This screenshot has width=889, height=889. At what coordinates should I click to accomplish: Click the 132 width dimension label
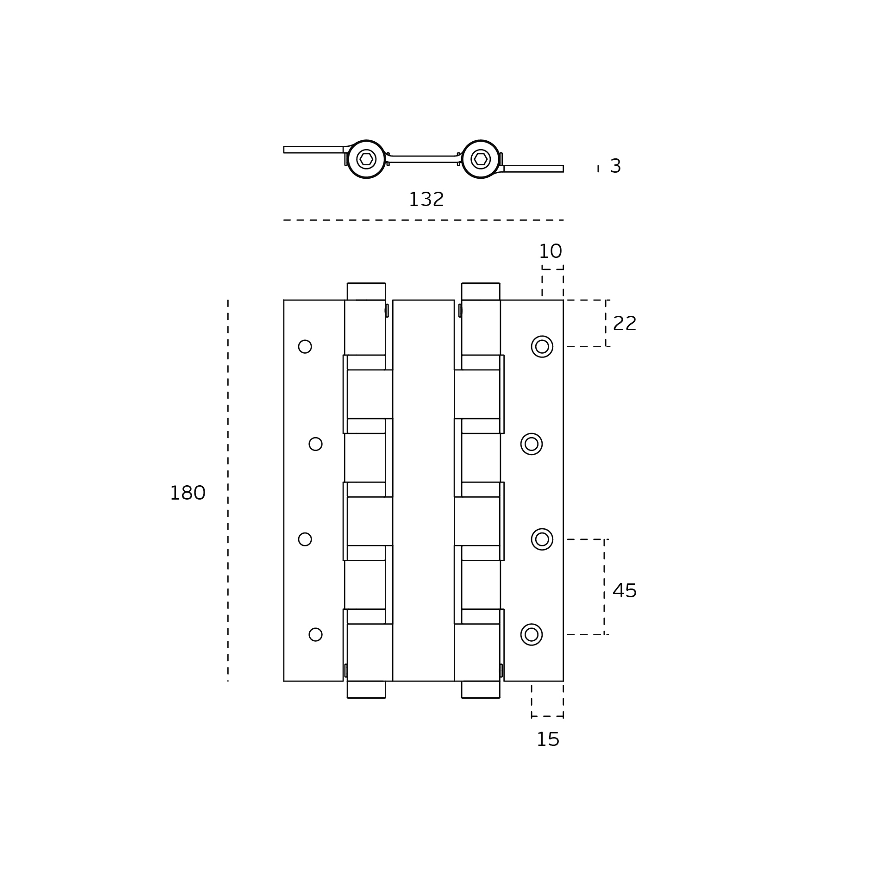pyautogui.click(x=426, y=200)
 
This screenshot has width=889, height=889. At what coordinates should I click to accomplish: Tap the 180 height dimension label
pyautogui.click(x=188, y=494)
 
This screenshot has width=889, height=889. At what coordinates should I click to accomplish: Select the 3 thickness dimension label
pyautogui.click(x=615, y=166)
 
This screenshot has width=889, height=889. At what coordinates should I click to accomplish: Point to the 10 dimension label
pyautogui.click(x=550, y=252)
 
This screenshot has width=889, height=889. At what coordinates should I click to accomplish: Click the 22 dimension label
pyautogui.click(x=625, y=324)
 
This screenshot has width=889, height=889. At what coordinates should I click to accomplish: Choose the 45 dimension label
pyautogui.click(x=625, y=591)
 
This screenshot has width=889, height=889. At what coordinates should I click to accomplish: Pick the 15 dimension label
pyautogui.click(x=548, y=740)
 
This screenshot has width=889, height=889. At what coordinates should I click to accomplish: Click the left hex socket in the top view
pyautogui.click(x=366, y=159)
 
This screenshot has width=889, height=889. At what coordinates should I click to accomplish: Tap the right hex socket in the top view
pyautogui.click(x=481, y=159)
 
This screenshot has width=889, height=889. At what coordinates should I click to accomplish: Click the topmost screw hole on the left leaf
pyautogui.click(x=305, y=347)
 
